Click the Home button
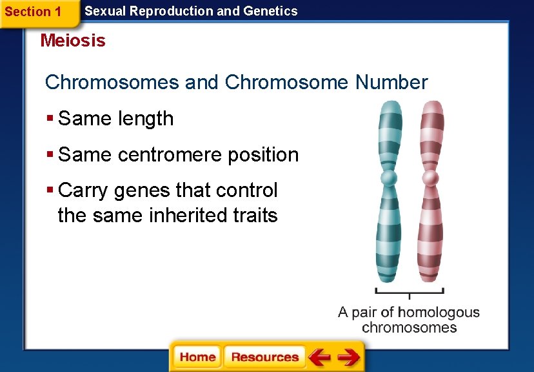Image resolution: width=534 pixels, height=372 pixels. pos(197,357)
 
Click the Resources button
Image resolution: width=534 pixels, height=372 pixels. pos(264,357)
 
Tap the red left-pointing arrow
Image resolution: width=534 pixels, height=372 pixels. pos(319,357)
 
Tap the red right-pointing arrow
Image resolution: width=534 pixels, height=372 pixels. pos(349,357)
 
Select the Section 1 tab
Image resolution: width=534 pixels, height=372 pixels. pos(33,12)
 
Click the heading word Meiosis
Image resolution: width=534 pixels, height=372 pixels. pos(72,41)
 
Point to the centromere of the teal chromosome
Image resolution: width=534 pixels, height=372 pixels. pos(388,178)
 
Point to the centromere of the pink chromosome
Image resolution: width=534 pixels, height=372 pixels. pos(430,178)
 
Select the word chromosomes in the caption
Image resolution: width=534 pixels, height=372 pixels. pos(409,327)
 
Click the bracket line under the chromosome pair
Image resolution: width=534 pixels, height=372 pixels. pos(410,290)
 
